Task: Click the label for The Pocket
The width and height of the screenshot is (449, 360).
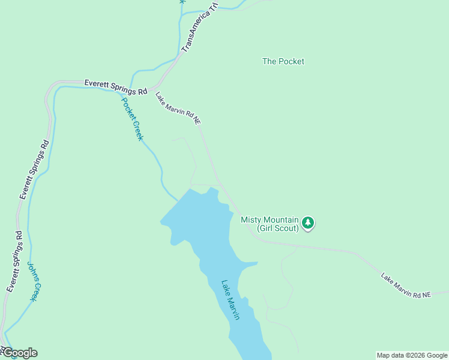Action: (x=283, y=61)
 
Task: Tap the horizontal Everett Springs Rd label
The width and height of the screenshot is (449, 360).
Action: (x=115, y=88)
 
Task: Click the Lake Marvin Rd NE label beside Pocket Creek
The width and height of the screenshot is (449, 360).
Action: (x=178, y=108)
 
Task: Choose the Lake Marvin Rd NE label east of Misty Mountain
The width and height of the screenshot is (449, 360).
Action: (x=406, y=286)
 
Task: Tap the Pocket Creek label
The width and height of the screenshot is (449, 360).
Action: (x=133, y=118)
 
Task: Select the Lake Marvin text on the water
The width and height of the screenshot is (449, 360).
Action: (x=231, y=300)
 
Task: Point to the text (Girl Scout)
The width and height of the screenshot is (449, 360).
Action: (x=278, y=229)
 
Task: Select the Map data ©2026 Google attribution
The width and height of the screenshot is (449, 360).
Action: (x=412, y=355)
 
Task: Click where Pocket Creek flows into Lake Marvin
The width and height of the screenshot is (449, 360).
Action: (x=178, y=200)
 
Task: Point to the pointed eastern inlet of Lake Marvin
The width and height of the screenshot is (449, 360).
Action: (x=257, y=262)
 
